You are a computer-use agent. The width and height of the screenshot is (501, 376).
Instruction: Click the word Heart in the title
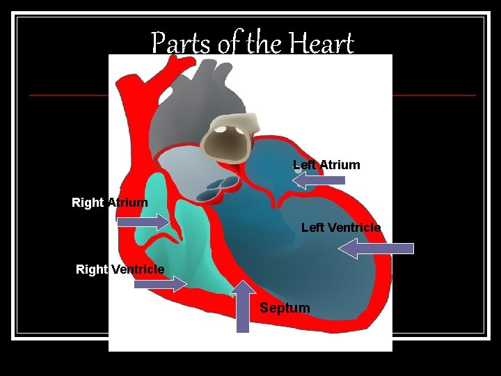(x=322, y=44)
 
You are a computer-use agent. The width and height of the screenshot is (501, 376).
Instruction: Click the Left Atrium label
(x=326, y=165)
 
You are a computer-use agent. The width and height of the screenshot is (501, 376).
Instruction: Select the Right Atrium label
(x=110, y=203)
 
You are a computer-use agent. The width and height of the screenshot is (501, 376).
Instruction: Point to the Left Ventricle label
(x=341, y=228)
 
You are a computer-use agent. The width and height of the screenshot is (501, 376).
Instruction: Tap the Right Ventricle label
(x=120, y=269)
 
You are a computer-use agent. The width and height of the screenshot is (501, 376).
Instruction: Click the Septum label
(x=285, y=308)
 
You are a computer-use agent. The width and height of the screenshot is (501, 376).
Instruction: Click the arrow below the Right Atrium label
(x=143, y=222)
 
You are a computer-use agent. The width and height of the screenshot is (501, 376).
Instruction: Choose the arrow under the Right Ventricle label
(x=159, y=283)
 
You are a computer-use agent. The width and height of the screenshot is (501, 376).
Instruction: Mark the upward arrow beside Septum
(x=242, y=306)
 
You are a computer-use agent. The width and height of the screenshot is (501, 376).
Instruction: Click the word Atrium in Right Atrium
(x=127, y=203)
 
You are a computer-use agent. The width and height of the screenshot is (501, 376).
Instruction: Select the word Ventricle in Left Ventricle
(x=355, y=228)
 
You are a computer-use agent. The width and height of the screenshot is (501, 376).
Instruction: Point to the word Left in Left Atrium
(x=304, y=165)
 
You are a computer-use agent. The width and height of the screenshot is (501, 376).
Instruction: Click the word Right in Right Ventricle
(x=92, y=269)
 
